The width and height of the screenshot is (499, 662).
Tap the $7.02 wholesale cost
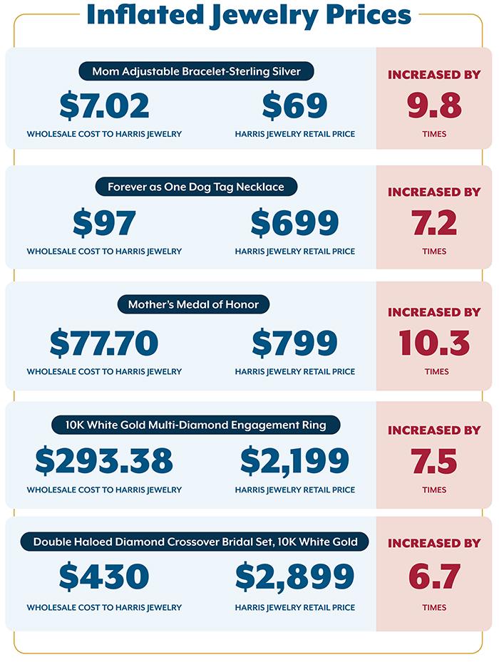point(104,106)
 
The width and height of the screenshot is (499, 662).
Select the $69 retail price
point(294,106)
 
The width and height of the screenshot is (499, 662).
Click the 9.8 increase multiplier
point(435,106)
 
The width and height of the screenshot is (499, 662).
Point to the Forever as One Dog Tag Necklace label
point(196,187)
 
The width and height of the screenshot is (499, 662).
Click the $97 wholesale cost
point(104,224)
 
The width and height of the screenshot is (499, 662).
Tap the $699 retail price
point(294,224)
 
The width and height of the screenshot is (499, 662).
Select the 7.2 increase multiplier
point(435,224)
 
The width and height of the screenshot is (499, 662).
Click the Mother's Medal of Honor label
point(193,304)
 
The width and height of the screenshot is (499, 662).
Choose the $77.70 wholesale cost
point(104,343)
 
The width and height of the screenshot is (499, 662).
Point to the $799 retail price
point(294,343)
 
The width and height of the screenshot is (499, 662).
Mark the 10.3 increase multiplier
point(435,343)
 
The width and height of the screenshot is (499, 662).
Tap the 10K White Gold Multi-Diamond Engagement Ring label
point(195,425)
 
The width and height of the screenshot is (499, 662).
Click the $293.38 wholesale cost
point(104,461)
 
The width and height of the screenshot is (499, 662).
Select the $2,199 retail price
point(294,461)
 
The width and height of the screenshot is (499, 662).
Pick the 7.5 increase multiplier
point(435,461)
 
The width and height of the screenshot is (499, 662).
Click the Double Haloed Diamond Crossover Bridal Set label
point(195,542)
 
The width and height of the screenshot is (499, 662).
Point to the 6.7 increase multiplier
point(435,576)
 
